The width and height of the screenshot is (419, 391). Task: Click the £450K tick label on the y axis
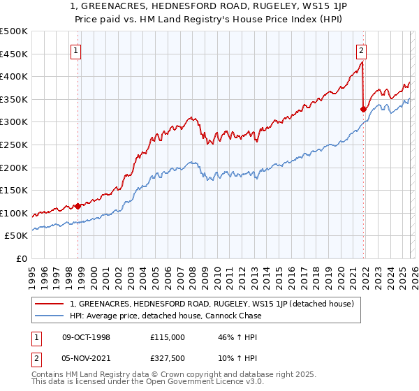(x=14, y=54)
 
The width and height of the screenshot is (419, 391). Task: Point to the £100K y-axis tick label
(x=14, y=213)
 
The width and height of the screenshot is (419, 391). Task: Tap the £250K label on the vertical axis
(x=14, y=145)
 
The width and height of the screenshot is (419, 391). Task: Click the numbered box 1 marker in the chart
(x=75, y=50)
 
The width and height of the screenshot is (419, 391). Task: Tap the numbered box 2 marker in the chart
(x=361, y=50)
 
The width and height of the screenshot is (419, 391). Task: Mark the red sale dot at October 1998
(x=78, y=206)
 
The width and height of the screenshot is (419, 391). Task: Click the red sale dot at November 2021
(x=363, y=109)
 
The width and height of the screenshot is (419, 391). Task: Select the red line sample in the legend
(x=51, y=304)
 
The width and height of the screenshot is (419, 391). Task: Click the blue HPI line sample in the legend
(x=51, y=316)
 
